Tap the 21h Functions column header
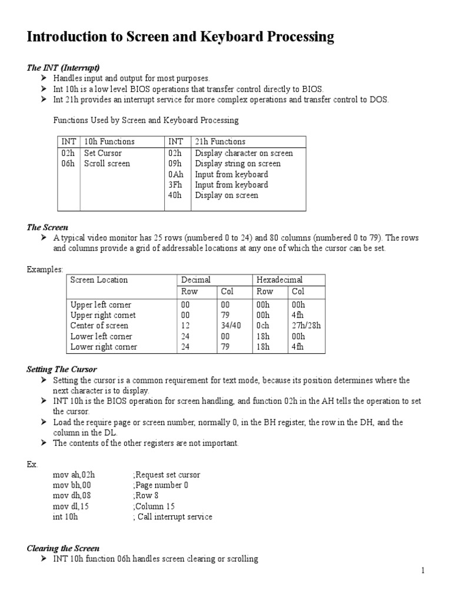coord(220,141)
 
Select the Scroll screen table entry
coord(107,164)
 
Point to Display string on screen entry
coord(238,164)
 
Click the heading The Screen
coord(48,227)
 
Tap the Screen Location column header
coord(99,280)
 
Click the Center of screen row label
coord(99,326)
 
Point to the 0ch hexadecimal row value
coord(263,326)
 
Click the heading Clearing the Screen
coord(63,548)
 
